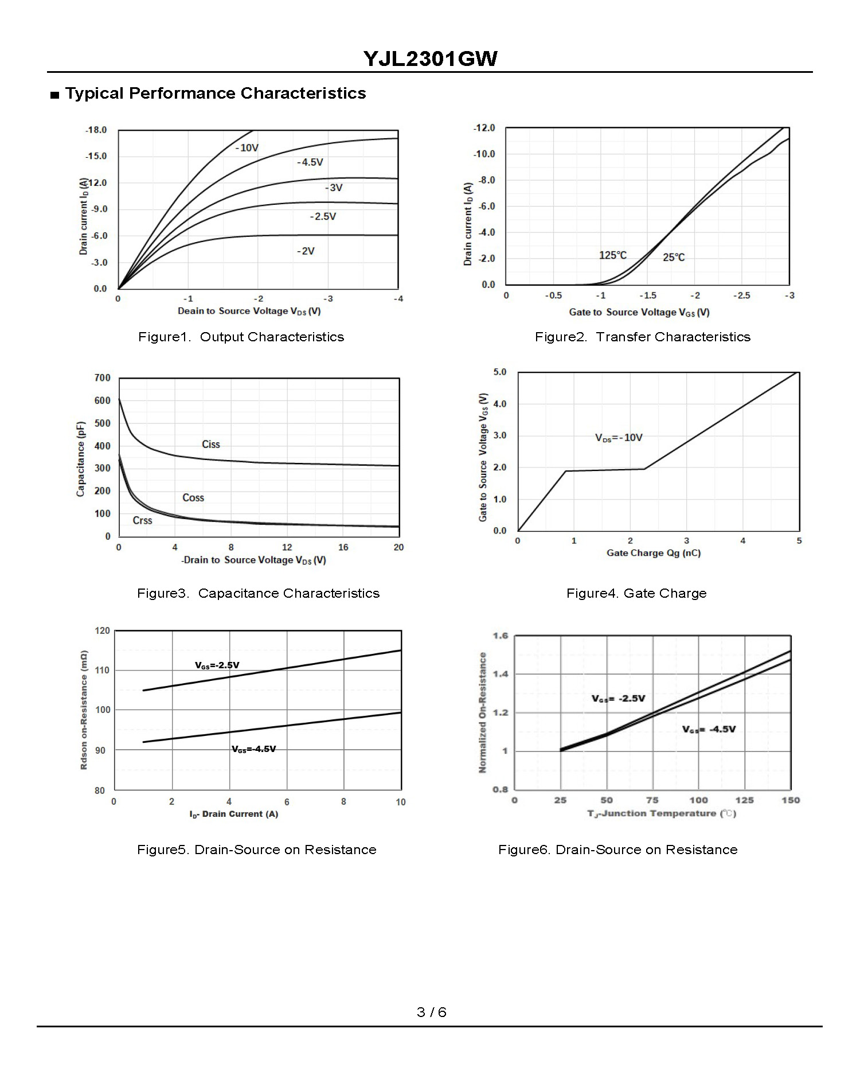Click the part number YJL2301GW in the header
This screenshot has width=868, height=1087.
[430, 59]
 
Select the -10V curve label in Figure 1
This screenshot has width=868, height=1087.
[247, 148]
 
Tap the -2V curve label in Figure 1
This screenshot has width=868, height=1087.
[306, 251]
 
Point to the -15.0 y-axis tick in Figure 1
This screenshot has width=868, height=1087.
[96, 156]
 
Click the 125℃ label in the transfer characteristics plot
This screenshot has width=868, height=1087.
[613, 255]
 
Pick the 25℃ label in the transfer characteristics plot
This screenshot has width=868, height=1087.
[674, 258]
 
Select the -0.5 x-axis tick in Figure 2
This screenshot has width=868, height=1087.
[553, 296]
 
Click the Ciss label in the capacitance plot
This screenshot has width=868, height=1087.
[211, 445]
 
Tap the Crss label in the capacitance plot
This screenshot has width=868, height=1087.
[142, 521]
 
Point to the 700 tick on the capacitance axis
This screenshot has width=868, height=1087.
[103, 378]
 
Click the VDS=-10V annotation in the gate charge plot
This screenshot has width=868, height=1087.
[619, 438]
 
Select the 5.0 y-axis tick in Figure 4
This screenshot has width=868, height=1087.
[500, 372]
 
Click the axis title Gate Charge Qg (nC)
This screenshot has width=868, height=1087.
[654, 554]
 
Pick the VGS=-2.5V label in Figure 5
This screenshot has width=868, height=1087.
[217, 665]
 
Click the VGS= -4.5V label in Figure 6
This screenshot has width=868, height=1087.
[709, 730]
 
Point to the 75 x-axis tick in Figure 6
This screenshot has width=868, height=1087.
[652, 800]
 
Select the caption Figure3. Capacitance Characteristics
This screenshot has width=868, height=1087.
[258, 593]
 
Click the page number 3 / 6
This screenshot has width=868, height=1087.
[432, 1012]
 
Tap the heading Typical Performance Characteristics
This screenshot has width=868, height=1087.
[216, 93]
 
